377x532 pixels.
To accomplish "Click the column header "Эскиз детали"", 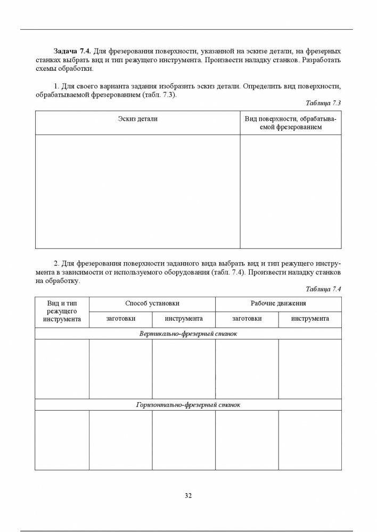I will (137, 119).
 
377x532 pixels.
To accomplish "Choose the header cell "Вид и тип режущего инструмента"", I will (62, 311).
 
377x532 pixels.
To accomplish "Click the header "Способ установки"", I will (152, 303).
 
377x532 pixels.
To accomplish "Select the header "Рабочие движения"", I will (278, 303).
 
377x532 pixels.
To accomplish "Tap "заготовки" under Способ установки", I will (120, 319).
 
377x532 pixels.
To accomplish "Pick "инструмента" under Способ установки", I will (183, 319).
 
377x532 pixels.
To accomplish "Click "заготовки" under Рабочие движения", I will (247, 319).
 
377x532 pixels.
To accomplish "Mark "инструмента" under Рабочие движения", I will (310, 319).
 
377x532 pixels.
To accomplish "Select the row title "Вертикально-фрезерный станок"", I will (188, 334).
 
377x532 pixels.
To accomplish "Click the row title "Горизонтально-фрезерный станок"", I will (188, 405).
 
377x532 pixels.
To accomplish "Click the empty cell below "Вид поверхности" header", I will (290, 192).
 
